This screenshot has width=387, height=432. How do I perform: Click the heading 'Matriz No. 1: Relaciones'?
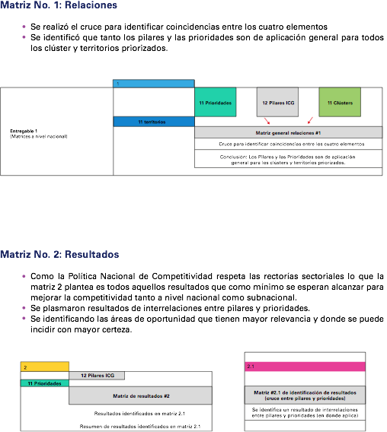point(59,5)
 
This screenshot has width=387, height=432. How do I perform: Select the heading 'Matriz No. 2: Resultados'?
point(59,254)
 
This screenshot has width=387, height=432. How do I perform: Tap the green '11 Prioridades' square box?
point(216,102)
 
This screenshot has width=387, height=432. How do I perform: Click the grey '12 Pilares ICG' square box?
point(277,102)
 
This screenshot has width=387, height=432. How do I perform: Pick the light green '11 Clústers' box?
point(340,102)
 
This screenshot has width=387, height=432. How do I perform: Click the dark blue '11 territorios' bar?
point(154,122)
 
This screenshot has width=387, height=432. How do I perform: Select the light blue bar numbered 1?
point(154,84)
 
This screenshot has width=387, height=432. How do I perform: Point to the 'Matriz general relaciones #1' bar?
point(289,132)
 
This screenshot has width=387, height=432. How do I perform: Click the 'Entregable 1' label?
point(24,131)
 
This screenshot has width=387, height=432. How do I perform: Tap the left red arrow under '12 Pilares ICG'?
point(267,121)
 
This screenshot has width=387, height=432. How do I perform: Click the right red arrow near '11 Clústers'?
point(310,120)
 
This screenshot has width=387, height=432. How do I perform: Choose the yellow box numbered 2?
point(45,367)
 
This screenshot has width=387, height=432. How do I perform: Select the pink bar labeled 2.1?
point(305,367)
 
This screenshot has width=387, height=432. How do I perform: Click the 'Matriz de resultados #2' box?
point(140,395)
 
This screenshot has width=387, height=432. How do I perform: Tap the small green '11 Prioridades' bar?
point(45,383)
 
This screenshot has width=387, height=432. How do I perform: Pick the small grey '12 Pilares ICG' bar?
point(97,376)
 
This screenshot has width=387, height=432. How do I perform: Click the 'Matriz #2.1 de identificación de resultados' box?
point(305,395)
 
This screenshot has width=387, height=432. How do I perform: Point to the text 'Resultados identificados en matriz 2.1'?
point(139,414)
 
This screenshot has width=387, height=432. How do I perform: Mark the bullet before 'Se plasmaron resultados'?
point(24,308)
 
